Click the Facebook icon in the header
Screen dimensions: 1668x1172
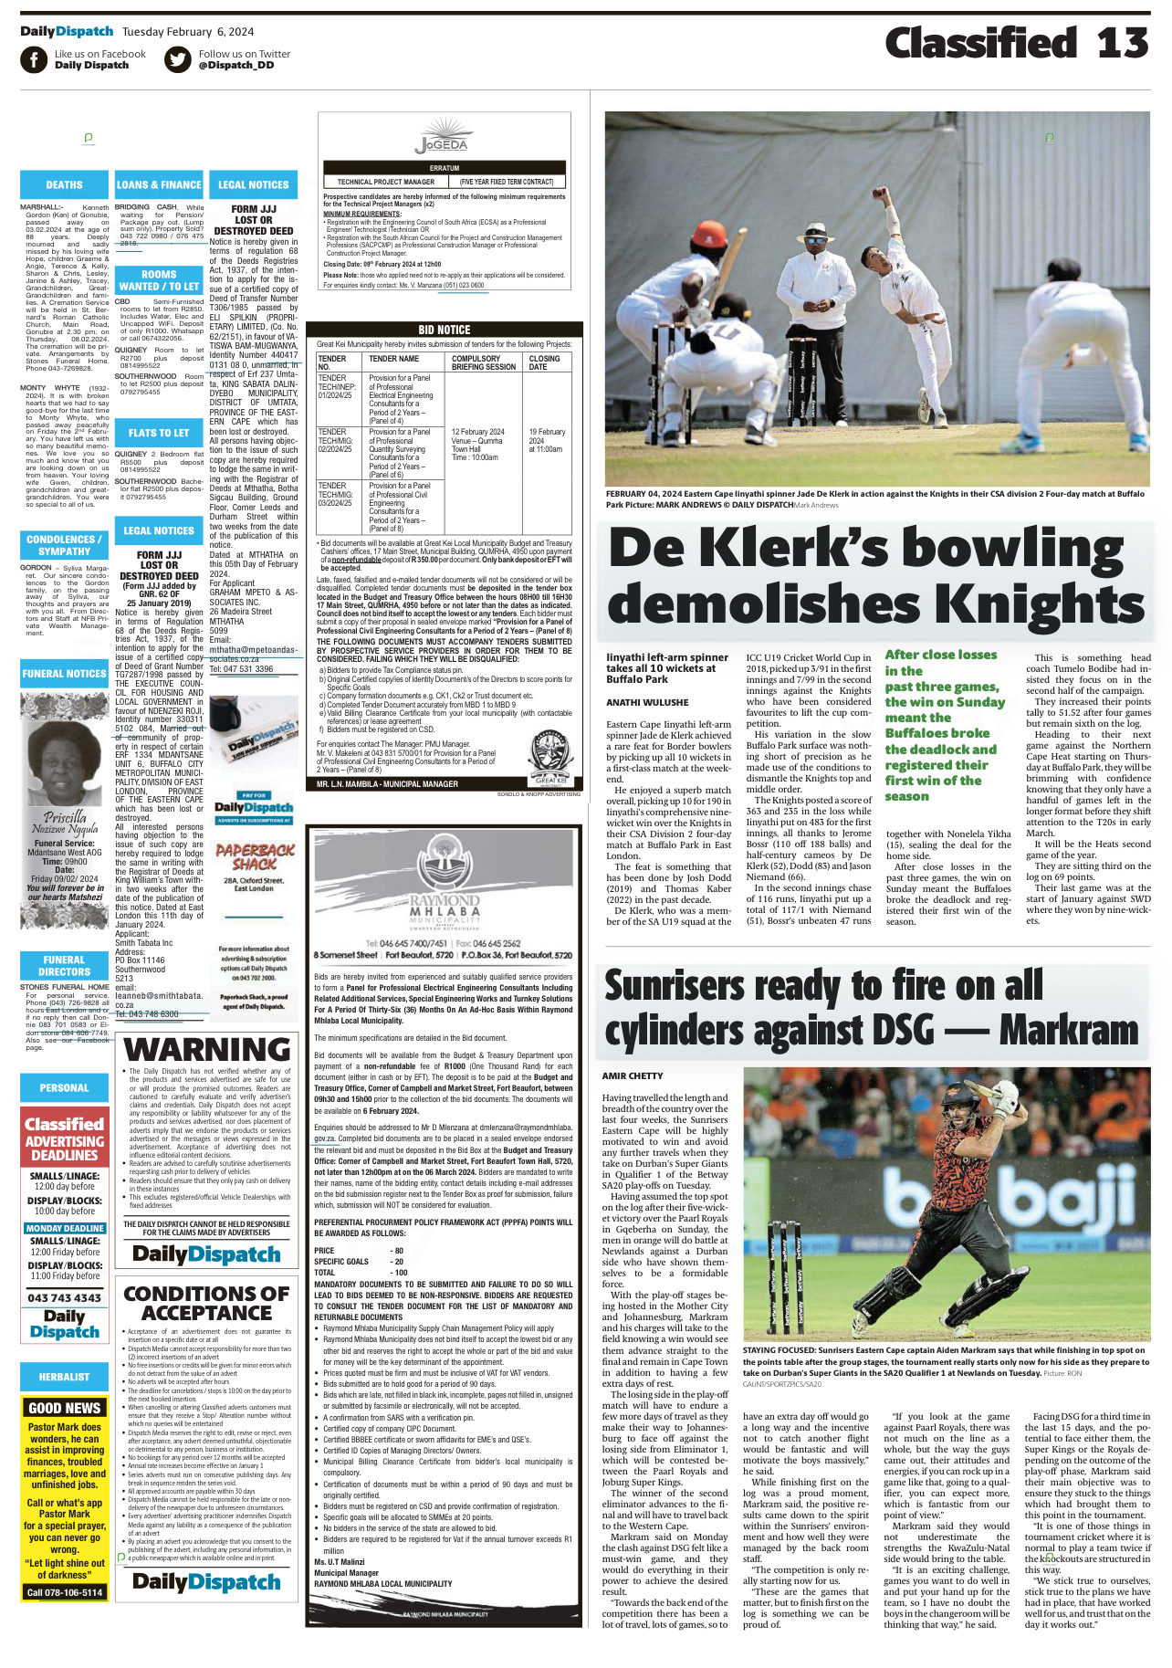(34, 59)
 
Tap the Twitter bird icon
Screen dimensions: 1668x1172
(178, 59)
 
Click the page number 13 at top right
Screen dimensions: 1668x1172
(1122, 43)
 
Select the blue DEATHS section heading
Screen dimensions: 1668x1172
(64, 184)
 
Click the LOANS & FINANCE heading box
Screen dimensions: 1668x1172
(159, 184)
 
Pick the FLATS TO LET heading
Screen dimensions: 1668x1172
(159, 433)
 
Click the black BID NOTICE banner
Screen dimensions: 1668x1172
(444, 330)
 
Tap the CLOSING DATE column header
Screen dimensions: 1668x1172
(546, 362)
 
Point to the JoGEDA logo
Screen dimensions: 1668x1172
(441, 143)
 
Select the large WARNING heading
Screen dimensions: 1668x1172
(206, 1050)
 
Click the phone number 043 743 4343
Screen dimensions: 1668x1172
(64, 1297)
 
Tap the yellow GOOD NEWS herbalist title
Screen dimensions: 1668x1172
(64, 1408)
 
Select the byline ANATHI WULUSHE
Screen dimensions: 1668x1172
(647, 702)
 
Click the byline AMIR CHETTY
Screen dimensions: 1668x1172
(633, 1075)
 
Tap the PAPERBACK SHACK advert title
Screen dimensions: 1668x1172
(255, 856)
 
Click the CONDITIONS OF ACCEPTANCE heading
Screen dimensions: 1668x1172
(206, 1304)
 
